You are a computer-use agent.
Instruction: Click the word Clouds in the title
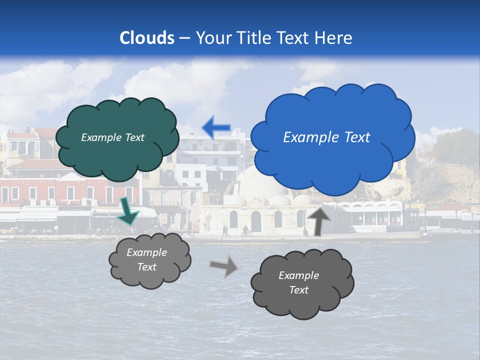147,38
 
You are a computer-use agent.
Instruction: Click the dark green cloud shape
116,137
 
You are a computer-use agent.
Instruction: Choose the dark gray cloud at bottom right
302,283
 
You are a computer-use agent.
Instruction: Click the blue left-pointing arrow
216,128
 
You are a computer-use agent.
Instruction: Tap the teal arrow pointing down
128,211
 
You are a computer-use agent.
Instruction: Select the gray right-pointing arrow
224,265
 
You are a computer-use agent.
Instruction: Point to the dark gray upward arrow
318,221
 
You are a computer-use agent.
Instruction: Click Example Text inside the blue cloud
326,137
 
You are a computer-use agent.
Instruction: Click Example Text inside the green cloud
112,137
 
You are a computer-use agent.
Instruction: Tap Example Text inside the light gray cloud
147,260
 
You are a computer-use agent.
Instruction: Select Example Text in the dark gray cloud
298,283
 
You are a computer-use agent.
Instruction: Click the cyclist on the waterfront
245,231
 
